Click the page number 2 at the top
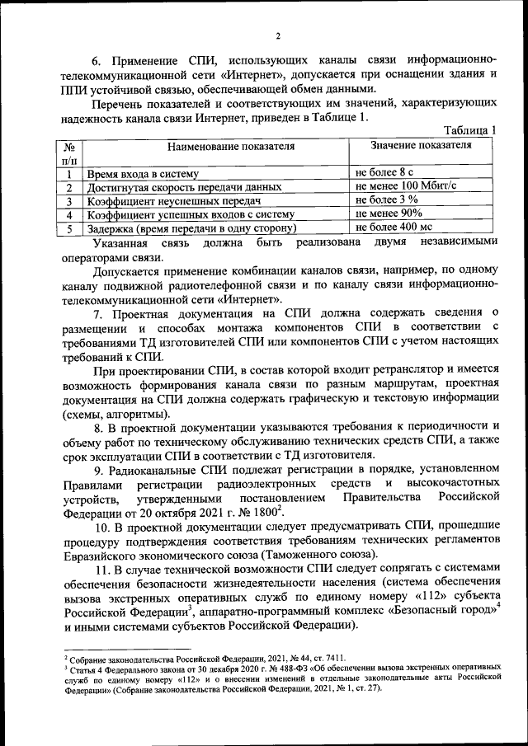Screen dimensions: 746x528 [278, 35]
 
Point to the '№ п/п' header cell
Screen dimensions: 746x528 [70, 152]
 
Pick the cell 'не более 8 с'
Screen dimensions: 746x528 [384, 173]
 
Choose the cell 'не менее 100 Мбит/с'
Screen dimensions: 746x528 [406, 186]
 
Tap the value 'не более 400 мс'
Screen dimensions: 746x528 [394, 227]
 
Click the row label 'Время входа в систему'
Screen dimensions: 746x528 [144, 174]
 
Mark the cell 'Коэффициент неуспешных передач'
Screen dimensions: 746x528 [173, 201]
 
